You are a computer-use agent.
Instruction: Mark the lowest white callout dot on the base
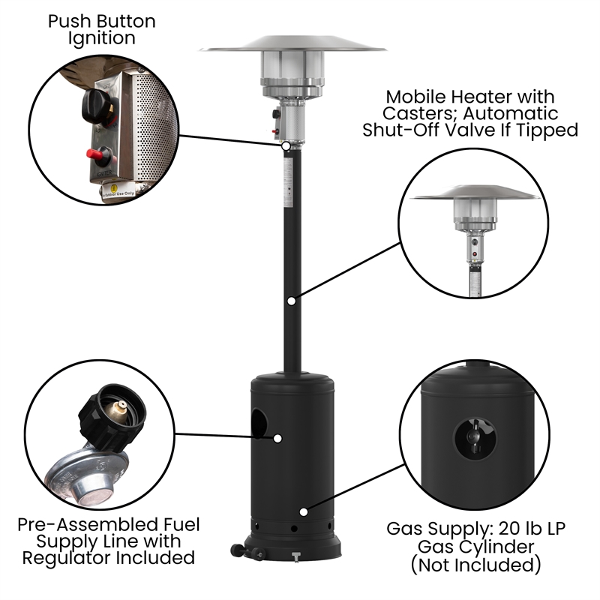coord(303,511)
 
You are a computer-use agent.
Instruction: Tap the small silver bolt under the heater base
coord(294,556)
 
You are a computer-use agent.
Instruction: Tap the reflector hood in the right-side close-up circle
coord(475,193)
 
